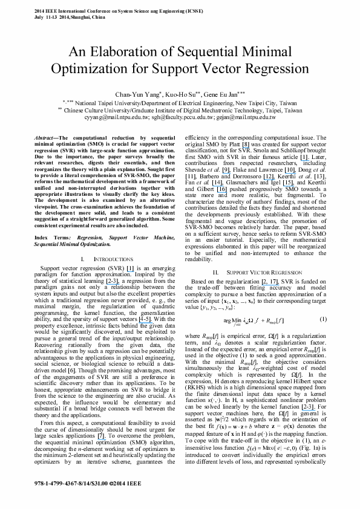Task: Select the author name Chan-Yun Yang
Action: (x=141, y=95)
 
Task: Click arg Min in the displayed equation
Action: (x=231, y=320)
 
